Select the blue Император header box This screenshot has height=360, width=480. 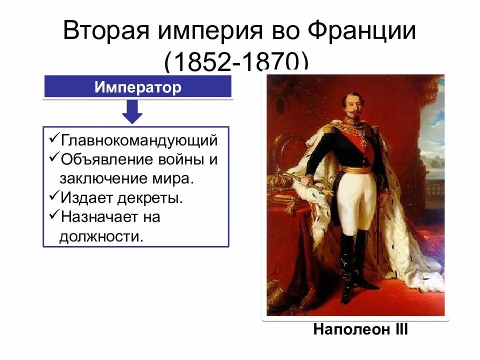(138, 87)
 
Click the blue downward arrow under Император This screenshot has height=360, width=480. (132, 111)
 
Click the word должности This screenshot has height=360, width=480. (101, 236)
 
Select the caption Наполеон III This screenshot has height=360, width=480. (360, 330)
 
